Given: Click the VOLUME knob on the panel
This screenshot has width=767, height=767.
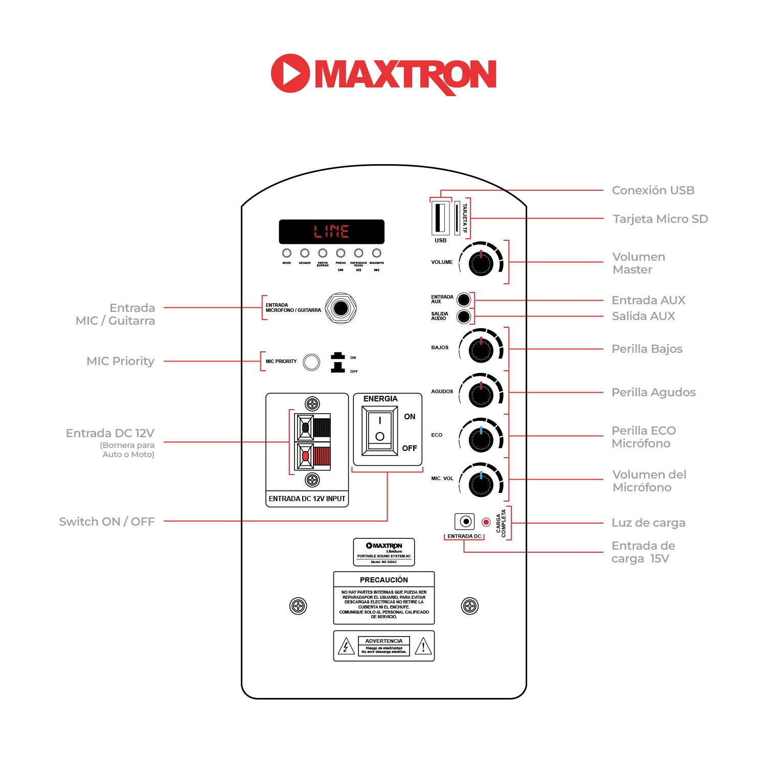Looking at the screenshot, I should coord(481,263).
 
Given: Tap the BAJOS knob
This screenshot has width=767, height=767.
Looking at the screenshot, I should coord(481,350).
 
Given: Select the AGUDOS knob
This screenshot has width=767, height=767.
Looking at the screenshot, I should coord(481,394).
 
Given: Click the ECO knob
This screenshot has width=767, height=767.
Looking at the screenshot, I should coord(481,438).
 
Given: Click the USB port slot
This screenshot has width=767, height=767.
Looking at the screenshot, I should coord(439,218).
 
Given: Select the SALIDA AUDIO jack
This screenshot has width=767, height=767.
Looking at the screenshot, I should coord(463,317).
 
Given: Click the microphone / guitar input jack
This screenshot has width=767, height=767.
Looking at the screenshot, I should coord(341,308).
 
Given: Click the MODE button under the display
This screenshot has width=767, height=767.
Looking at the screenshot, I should coord(287,253).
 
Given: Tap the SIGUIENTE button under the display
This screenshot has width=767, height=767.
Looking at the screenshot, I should coord(377,253).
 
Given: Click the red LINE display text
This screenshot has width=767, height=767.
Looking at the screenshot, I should coord(331,232).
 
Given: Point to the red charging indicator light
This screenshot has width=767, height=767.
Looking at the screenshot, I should coord(486,522).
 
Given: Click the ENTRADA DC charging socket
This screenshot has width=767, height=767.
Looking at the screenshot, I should coord(465,522).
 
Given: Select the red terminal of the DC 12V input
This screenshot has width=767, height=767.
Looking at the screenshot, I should coord(306,456).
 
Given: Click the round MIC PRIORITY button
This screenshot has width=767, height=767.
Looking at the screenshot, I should coord(311,362).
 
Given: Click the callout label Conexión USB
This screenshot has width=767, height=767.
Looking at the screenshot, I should coord(653,190).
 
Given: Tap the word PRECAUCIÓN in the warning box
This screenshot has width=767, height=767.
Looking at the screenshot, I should coord(384,580).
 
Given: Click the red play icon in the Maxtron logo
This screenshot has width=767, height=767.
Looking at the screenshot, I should coord(290,74).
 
